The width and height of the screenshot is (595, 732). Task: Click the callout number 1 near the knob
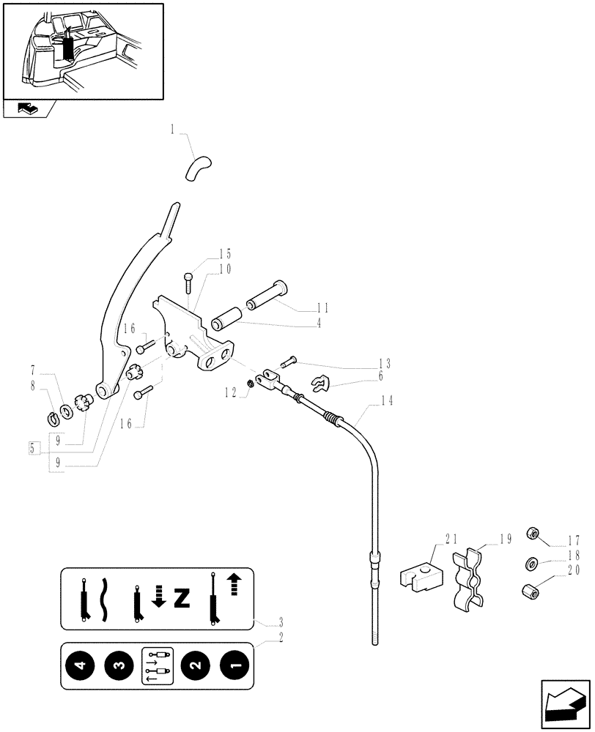click(x=172, y=130)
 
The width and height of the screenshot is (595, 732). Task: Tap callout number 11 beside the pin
click(x=322, y=307)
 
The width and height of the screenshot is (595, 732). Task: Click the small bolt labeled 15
click(x=189, y=281)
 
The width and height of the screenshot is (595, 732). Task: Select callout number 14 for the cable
click(x=387, y=400)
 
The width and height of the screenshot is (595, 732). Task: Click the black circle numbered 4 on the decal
click(x=85, y=666)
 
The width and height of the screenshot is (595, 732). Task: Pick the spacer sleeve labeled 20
click(x=531, y=590)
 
